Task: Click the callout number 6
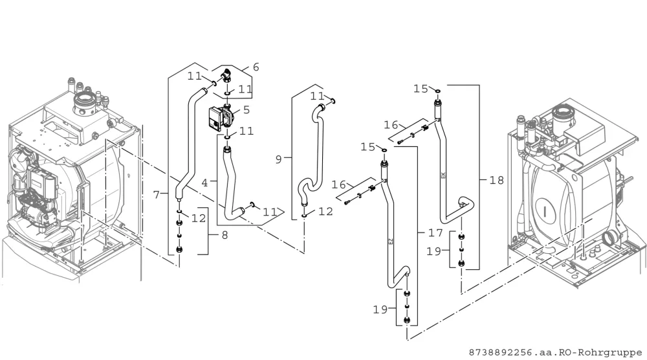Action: coord(256,67)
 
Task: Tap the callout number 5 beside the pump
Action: coord(247,110)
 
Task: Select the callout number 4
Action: coord(204,183)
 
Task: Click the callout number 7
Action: coord(156,194)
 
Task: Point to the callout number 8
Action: coord(225,235)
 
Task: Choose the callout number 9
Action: coord(278,159)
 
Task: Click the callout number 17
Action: coord(435,233)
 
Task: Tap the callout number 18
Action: coord(497,181)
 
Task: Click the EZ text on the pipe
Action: coord(391,242)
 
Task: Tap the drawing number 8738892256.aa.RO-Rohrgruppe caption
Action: coord(555,353)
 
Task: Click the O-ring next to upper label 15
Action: coord(437,91)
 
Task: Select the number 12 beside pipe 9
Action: coord(325,211)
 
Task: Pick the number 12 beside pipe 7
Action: coord(199,218)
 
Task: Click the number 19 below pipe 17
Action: coord(380,309)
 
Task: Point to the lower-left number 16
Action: coord(339,185)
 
